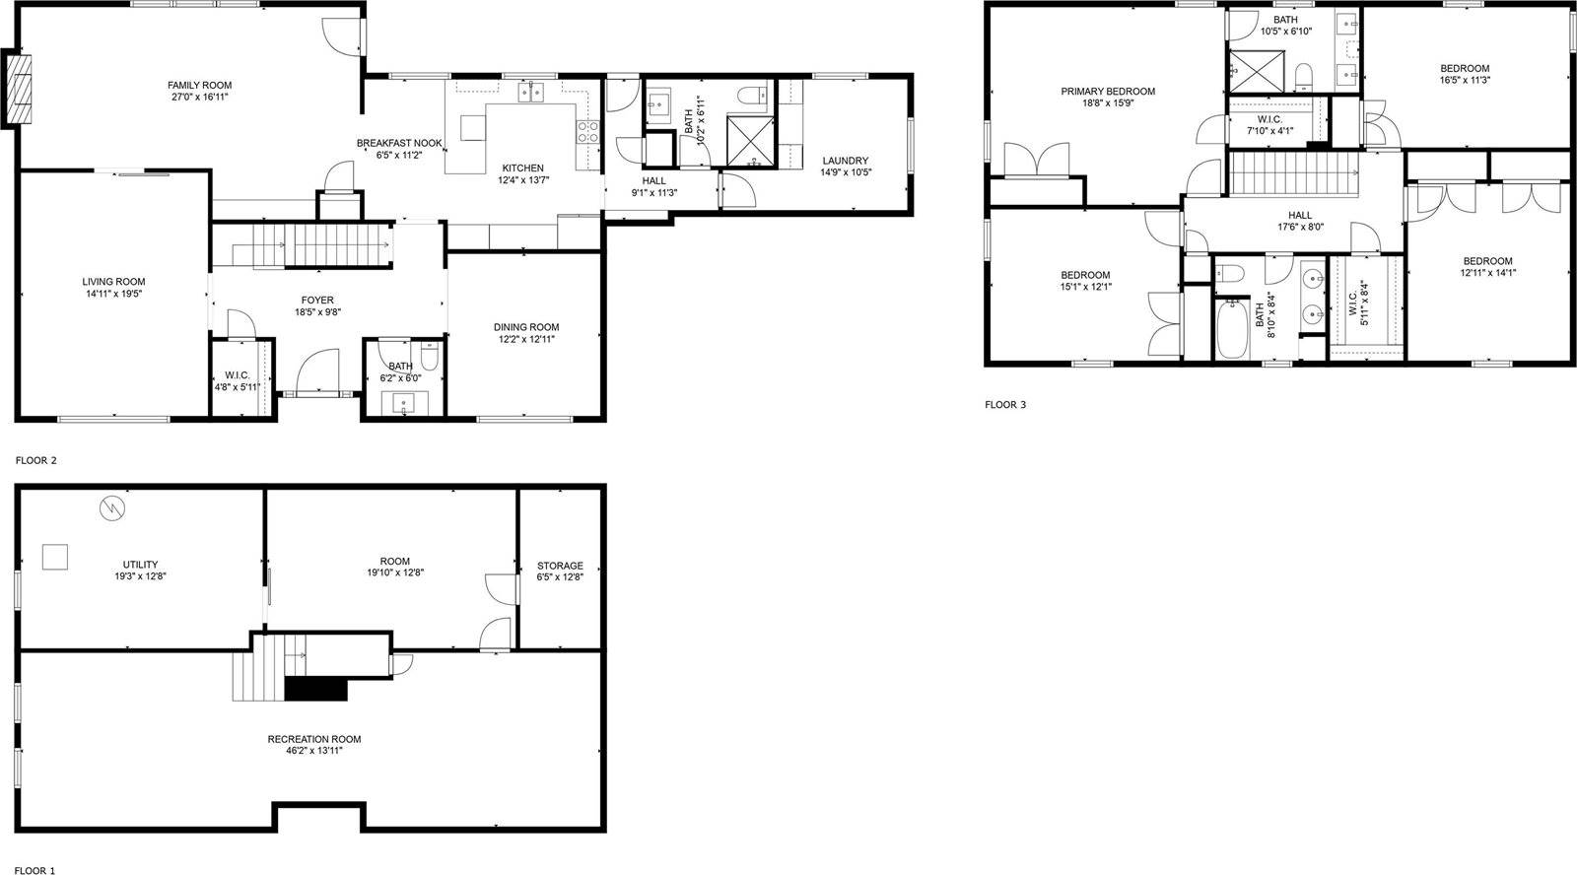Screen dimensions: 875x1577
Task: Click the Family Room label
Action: [x=199, y=86]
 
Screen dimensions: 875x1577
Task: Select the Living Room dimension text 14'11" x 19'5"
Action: [x=113, y=294]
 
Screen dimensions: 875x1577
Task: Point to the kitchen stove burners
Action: [x=588, y=132]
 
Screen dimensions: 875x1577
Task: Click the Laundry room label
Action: [x=845, y=161]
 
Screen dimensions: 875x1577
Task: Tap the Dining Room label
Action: [x=526, y=327]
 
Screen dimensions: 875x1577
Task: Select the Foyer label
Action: [x=317, y=301]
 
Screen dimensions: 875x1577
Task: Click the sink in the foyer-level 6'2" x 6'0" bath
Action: [x=405, y=403]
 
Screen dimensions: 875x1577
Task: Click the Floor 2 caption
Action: [x=36, y=460]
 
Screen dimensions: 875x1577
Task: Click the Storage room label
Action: [x=560, y=566]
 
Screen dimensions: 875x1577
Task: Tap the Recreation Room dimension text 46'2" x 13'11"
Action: [x=314, y=751]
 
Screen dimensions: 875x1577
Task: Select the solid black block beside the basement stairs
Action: [x=315, y=688]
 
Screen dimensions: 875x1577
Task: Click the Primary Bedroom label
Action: [x=1108, y=92]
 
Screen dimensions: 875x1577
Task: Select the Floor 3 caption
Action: [x=1005, y=404]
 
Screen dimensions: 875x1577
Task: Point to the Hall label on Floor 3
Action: [x=1300, y=215]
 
